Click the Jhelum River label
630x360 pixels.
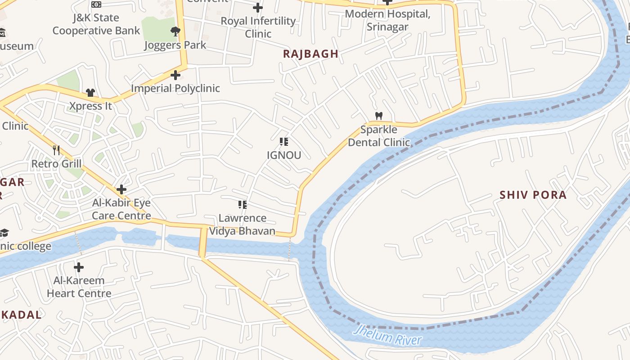(387, 335)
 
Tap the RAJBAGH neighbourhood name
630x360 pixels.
(310, 54)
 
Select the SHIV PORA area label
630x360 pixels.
(533, 195)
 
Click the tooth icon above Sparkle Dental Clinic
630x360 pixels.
(379, 116)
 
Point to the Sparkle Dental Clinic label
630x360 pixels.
(379, 136)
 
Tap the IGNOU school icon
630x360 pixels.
(283, 142)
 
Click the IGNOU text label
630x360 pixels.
(283, 155)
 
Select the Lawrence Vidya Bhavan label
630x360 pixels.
(242, 225)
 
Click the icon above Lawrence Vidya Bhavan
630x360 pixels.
(243, 205)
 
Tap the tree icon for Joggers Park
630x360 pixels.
(175, 31)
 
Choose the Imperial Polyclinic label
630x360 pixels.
(175, 88)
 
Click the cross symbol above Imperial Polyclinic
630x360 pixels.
(175, 75)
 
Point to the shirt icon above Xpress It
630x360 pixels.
(90, 93)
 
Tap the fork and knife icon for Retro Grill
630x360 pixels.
(56, 150)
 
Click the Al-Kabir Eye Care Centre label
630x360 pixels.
(121, 209)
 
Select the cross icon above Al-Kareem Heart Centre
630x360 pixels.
(79, 268)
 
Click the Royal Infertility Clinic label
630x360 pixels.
(258, 27)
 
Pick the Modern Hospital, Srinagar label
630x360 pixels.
(387, 20)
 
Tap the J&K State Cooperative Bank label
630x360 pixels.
(96, 24)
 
